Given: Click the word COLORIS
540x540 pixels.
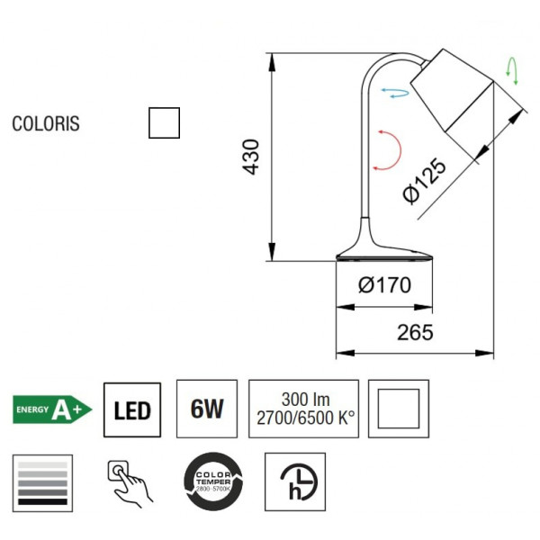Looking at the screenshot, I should [x=46, y=123].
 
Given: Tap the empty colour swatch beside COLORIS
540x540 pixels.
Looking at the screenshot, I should [x=164, y=122].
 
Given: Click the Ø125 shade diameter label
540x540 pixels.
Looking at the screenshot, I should [x=424, y=181].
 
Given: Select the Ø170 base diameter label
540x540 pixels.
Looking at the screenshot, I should [x=384, y=285].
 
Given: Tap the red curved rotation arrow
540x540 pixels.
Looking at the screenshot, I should [x=387, y=148].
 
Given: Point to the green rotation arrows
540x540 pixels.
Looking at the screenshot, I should [x=513, y=70].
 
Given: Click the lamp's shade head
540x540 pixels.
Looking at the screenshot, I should [x=453, y=90].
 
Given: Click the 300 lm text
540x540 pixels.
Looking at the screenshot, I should [x=302, y=399].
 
